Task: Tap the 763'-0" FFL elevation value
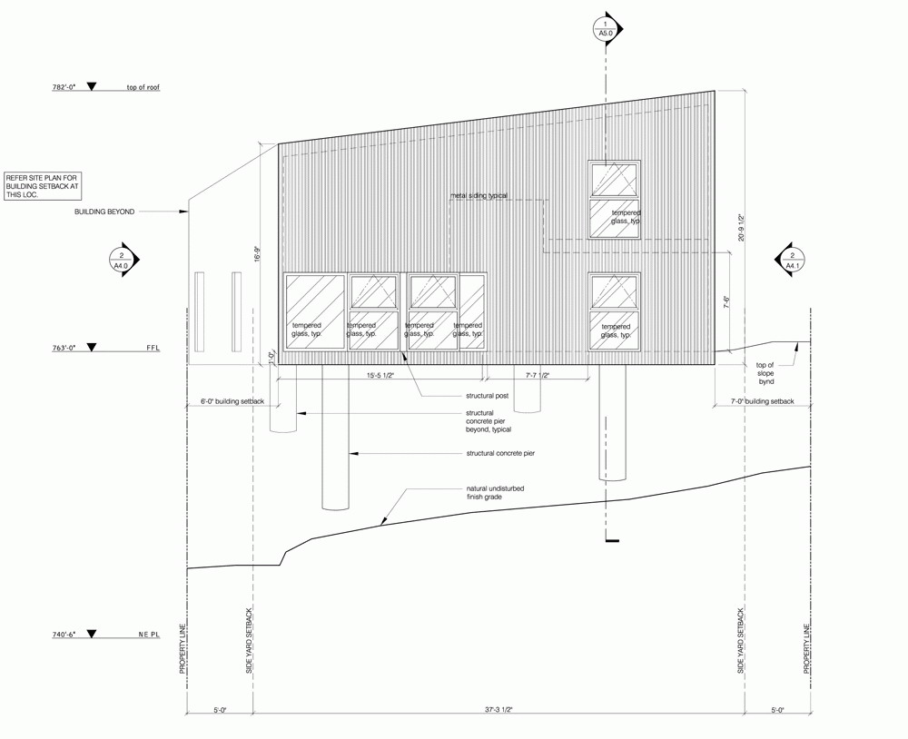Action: (64, 348)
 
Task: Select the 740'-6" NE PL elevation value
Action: (64, 635)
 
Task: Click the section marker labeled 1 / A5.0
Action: (607, 28)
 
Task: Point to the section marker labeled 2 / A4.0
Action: (123, 260)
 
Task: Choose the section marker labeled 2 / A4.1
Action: (791, 260)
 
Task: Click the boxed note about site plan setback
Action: (44, 186)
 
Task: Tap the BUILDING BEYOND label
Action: (104, 212)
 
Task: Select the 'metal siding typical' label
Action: (479, 196)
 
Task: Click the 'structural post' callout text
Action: (488, 396)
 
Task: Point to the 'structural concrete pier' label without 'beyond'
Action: (500, 454)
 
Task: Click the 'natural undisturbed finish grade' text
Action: (495, 493)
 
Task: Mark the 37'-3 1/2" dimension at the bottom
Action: (498, 709)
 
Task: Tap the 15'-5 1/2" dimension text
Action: (380, 375)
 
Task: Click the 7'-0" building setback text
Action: (762, 401)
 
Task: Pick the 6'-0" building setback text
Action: (232, 401)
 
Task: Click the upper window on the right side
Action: (615, 199)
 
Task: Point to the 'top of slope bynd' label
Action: (765, 373)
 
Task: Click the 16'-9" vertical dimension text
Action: (258, 255)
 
